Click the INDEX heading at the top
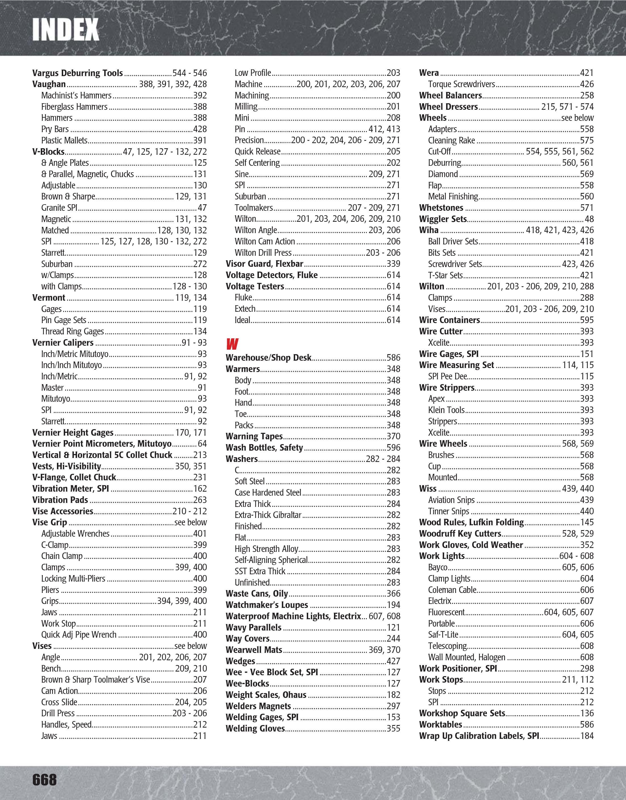pyautogui.click(x=65, y=29)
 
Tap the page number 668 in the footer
pyautogui.click(x=44, y=779)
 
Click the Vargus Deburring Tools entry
pyautogui.click(x=77, y=73)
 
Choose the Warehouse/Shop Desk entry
pyautogui.click(x=269, y=358)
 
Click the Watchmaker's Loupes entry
pyautogui.click(x=267, y=605)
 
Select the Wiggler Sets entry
pyautogui.click(x=443, y=219)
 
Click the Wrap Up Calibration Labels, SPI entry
pyautogui.click(x=479, y=736)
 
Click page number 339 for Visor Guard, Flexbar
pyautogui.click(x=393, y=264)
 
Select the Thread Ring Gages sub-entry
pyautogui.click(x=73, y=331)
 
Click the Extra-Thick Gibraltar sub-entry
pyautogui.click(x=268, y=515)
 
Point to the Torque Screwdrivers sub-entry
pyautogui.click(x=461, y=84)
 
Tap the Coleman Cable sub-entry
pyautogui.click(x=452, y=590)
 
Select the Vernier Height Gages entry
pyautogui.click(x=73, y=433)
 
